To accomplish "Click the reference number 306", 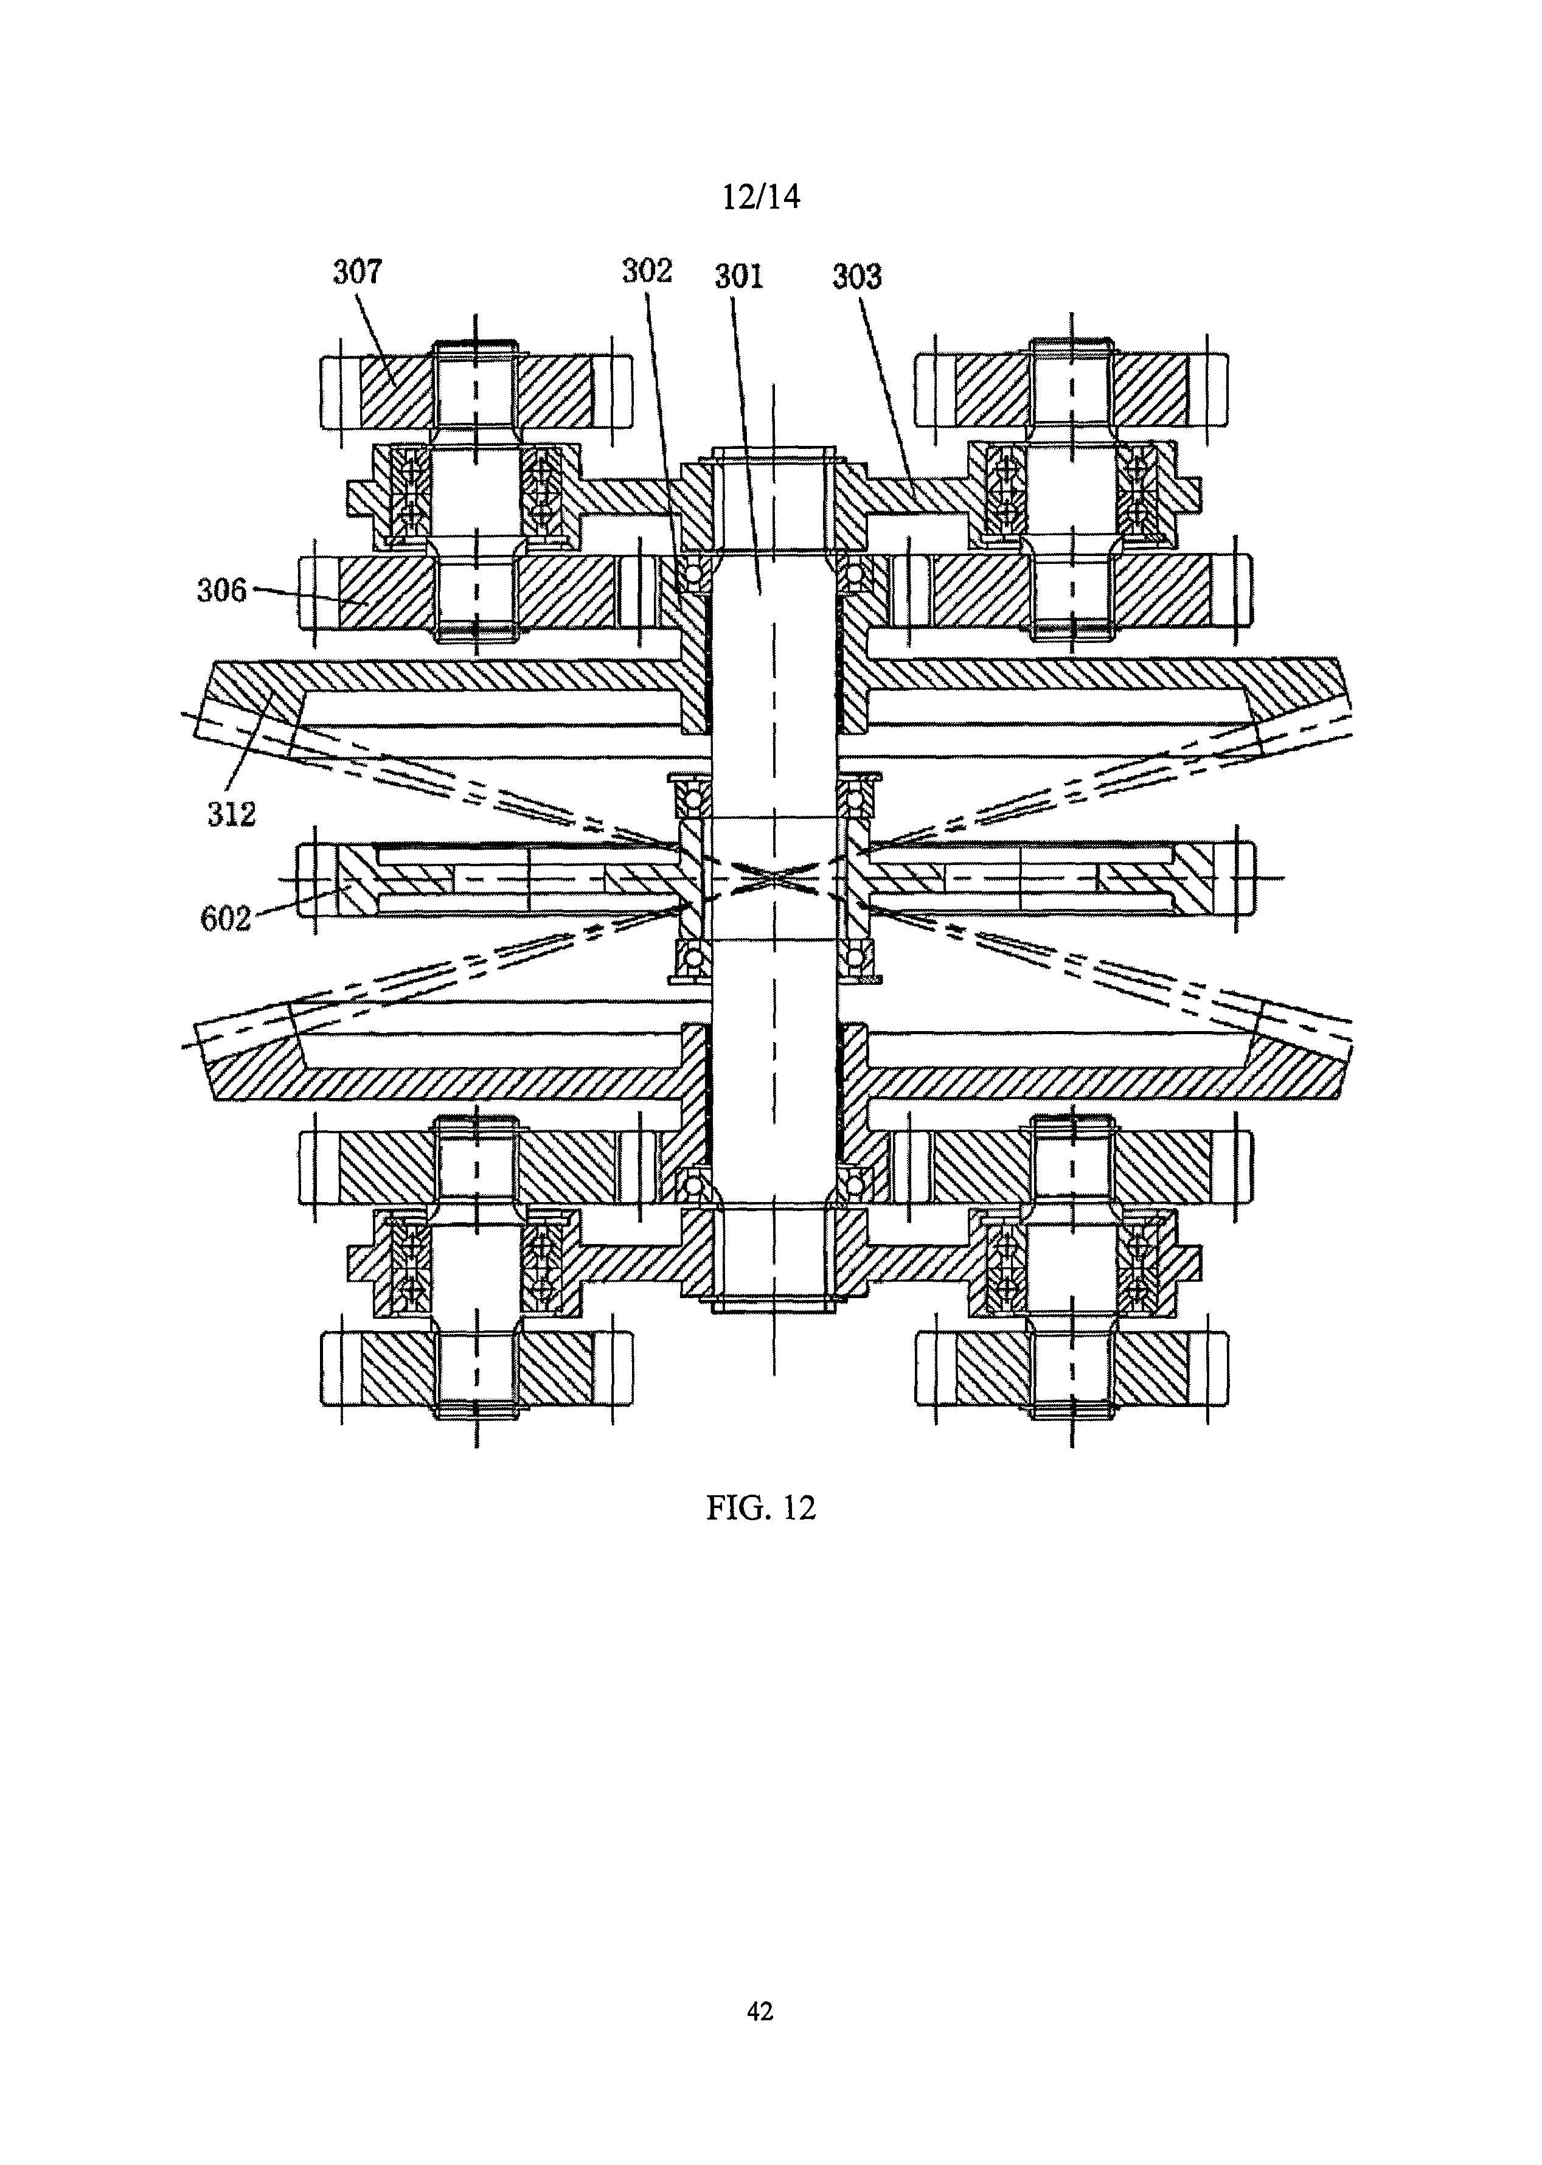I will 221,591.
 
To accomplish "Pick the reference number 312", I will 232,813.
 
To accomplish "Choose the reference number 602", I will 226,918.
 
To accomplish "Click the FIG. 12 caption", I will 760,1508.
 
